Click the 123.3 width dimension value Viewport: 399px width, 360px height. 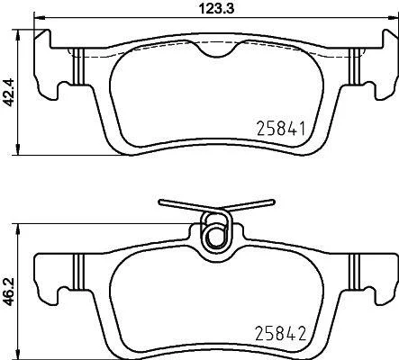pos(217,8)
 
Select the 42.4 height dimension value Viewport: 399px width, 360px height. pos(9,92)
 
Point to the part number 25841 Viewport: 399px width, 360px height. pos(281,129)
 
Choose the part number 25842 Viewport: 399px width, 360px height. pos(280,333)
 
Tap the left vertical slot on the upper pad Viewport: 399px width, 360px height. pos(77,67)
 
